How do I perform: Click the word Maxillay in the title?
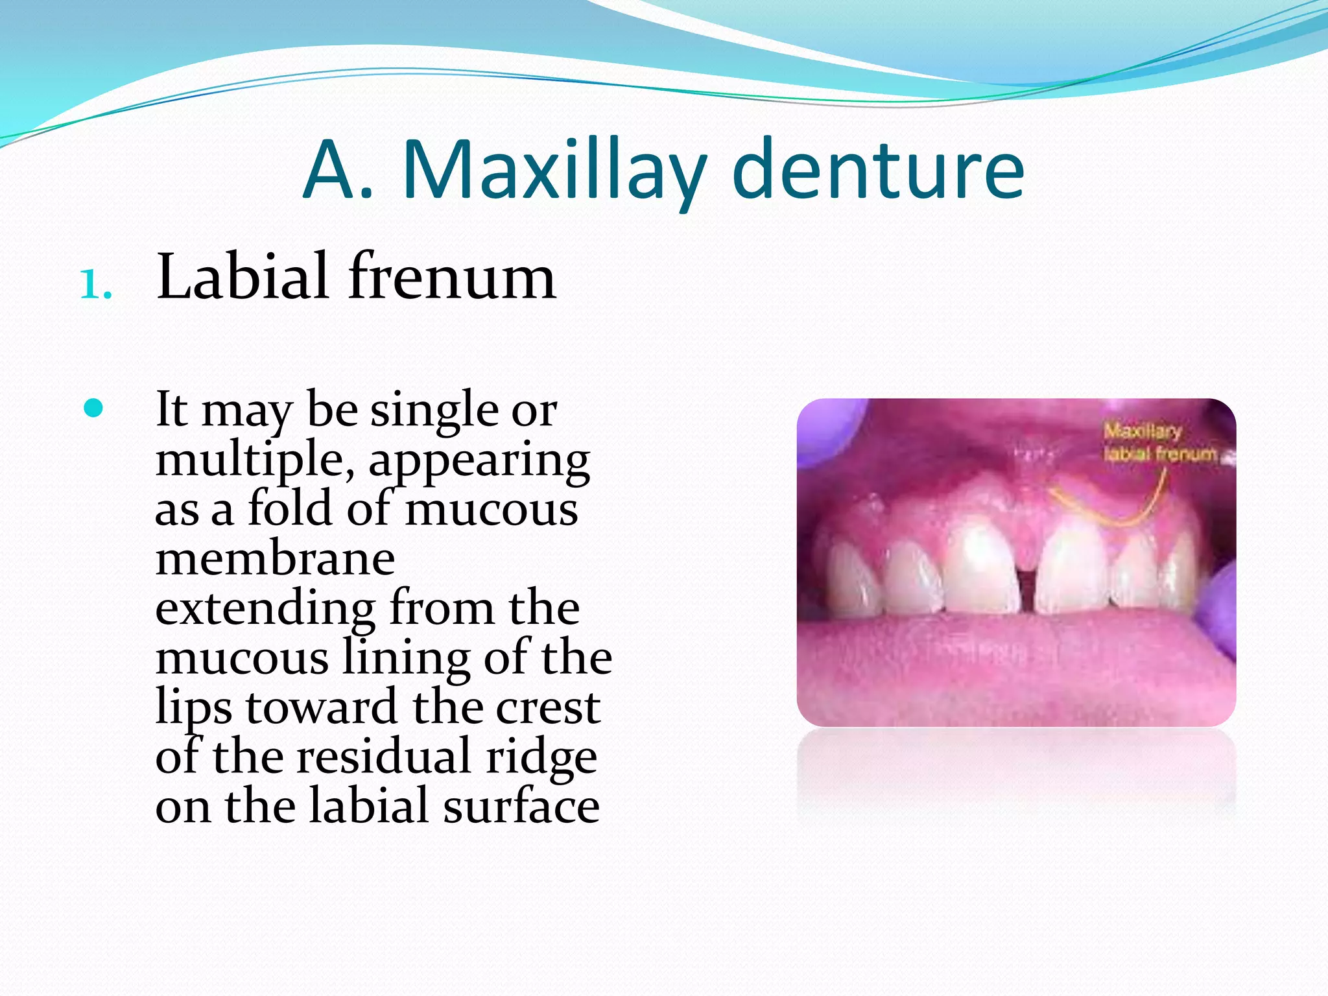pos(554,170)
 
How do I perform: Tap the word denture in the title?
pos(878,170)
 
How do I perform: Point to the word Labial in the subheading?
pos(243,278)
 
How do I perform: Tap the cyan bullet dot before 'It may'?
pos(94,409)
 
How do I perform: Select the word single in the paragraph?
pos(434,410)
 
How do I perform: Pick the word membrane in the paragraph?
pos(275,559)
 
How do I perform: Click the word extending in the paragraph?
pos(265,608)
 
